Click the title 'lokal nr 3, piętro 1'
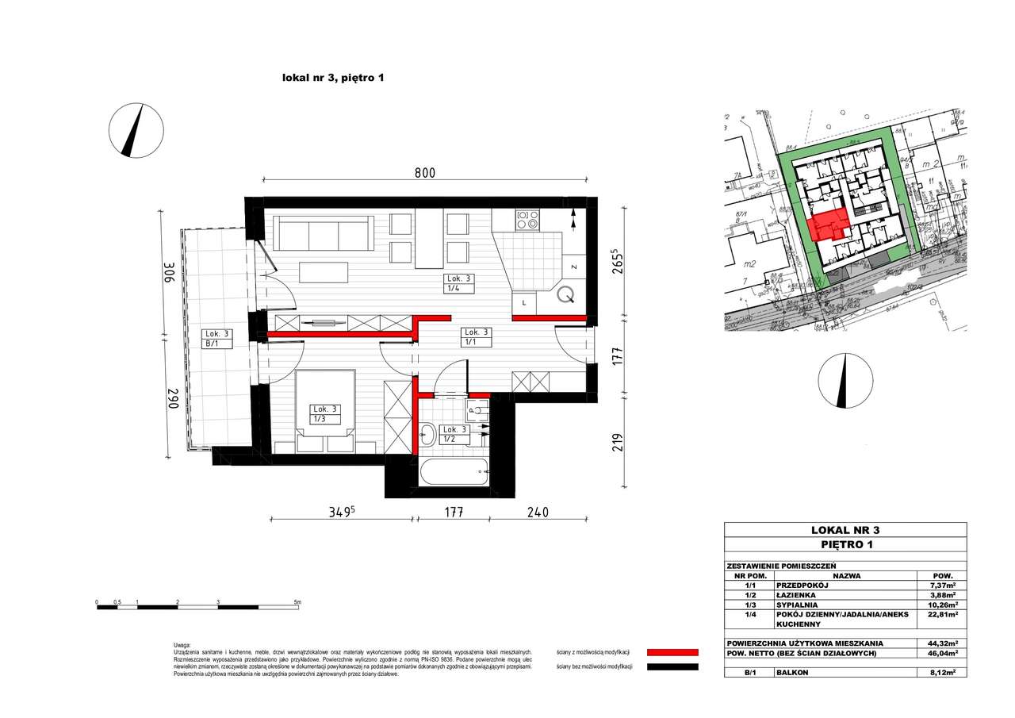333,78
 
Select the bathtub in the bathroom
453,474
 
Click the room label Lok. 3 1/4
458,283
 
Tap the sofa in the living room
324,233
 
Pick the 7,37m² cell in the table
941,585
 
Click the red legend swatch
672,652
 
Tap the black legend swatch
672,667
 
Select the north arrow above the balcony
136,130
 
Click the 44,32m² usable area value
941,643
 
